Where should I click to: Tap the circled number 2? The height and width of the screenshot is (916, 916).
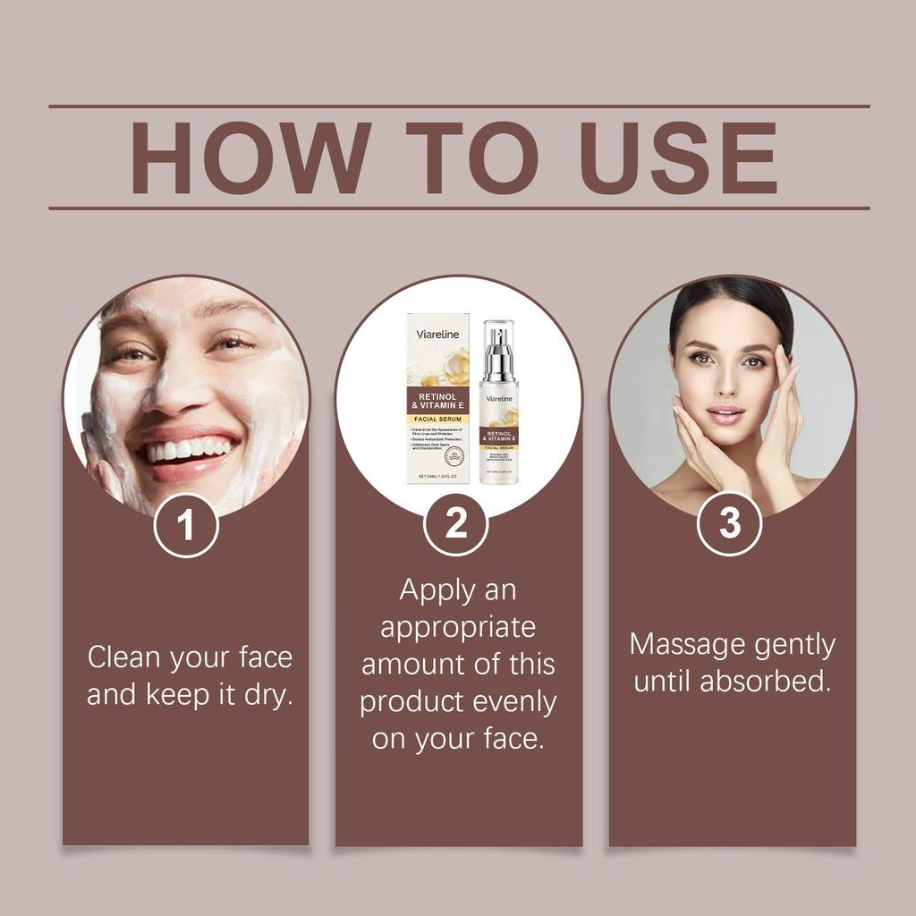[x=456, y=523]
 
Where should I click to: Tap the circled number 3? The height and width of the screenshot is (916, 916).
[x=730, y=523]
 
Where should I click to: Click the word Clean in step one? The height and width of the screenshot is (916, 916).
[x=124, y=657]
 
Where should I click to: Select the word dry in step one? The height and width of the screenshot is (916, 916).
[x=267, y=695]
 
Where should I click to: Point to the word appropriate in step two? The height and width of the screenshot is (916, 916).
[x=457, y=627]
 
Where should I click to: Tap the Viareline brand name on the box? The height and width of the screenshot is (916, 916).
[x=437, y=335]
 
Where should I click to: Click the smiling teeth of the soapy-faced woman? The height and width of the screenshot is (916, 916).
[x=191, y=449]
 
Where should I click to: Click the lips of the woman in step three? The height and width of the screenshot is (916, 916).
[x=725, y=414]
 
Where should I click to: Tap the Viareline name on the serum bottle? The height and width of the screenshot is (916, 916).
[x=499, y=398]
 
